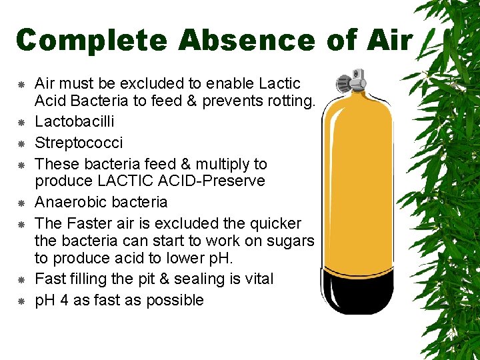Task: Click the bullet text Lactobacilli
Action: point(75,121)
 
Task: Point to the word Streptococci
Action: point(79,143)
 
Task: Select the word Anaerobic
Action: point(69,202)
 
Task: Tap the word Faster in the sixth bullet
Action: point(91,223)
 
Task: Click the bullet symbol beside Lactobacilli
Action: point(21,123)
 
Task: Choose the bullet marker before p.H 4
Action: point(21,301)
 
